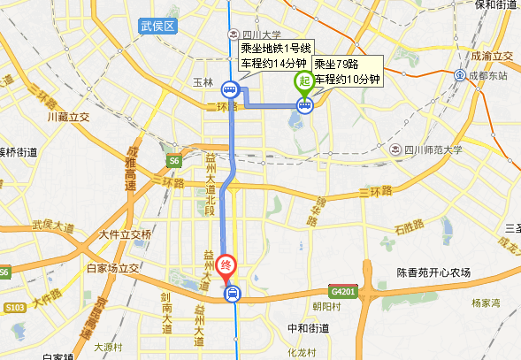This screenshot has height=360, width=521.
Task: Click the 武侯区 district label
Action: (158, 27)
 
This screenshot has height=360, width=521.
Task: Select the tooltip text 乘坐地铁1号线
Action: (275, 49)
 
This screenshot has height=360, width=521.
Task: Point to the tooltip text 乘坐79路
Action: (336, 65)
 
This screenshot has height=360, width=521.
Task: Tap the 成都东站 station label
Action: (488, 75)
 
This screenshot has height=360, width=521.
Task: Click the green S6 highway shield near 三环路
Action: (175, 161)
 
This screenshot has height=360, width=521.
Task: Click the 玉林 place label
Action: (203, 82)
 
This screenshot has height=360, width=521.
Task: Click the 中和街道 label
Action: (309, 328)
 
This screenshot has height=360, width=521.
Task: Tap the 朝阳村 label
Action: (327, 306)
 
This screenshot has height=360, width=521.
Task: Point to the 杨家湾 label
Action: (486, 303)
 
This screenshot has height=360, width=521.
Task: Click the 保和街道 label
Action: (495, 4)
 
